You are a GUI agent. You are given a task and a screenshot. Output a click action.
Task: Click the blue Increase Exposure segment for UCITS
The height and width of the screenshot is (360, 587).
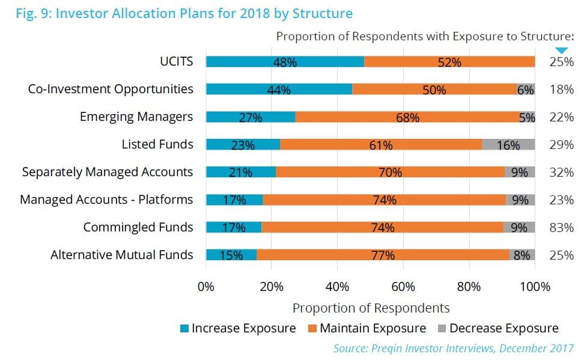click(285, 62)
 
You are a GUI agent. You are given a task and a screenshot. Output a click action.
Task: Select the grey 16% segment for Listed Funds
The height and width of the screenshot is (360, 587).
click(508, 145)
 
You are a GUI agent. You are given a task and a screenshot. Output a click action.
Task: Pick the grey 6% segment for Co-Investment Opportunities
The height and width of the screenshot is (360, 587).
click(526, 90)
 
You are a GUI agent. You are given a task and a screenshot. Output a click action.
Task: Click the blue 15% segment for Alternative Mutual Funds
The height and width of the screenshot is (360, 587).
click(231, 255)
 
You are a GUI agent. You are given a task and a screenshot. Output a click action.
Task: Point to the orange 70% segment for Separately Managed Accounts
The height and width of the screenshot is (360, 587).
click(390, 172)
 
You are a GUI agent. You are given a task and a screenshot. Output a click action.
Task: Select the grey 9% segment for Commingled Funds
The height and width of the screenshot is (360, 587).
click(519, 227)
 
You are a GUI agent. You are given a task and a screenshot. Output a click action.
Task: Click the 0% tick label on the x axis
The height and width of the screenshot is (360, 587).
click(206, 287)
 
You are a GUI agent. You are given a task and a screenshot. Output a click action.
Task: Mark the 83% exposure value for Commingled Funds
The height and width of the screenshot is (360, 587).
click(561, 227)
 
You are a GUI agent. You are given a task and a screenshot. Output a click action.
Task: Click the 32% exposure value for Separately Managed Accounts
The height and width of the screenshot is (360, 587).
click(561, 172)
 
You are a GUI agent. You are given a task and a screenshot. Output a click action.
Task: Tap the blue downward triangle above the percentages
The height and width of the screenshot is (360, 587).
click(561, 50)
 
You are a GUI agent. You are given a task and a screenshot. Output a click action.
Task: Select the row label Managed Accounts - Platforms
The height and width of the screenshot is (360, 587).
click(106, 200)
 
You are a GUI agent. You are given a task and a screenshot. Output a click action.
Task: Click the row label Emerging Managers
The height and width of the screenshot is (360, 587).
click(136, 117)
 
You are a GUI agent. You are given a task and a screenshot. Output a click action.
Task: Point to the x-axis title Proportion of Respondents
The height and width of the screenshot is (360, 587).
click(371, 308)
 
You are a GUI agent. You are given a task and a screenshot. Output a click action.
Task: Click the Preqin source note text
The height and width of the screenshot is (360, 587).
click(454, 348)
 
